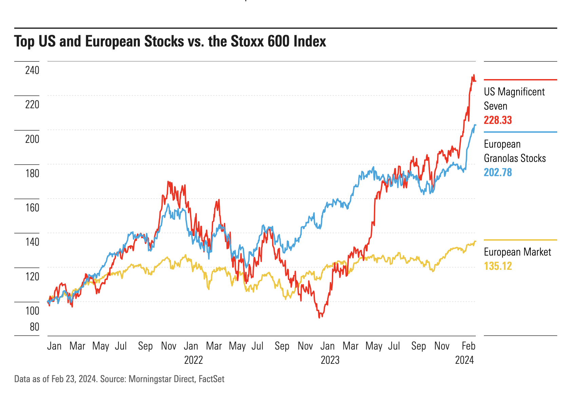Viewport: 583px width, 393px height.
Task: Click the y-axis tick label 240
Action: click(x=32, y=70)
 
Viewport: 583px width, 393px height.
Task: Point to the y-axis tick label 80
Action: click(x=35, y=327)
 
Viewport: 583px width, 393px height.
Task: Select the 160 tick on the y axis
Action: click(x=32, y=207)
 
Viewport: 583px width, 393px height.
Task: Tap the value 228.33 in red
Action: click(x=498, y=120)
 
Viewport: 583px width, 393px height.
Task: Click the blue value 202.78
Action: click(x=498, y=172)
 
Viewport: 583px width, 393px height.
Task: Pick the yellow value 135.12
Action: click(x=498, y=266)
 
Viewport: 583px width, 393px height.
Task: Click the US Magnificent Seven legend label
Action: click(x=514, y=99)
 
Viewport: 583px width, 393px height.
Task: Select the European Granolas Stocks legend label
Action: click(x=515, y=151)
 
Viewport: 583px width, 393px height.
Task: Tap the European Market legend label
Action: click(x=518, y=252)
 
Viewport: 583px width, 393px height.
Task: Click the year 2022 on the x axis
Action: click(x=193, y=360)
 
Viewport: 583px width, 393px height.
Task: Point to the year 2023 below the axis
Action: click(x=330, y=360)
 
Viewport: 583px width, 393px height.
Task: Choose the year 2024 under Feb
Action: click(x=465, y=360)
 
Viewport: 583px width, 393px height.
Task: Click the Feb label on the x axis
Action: click(x=469, y=346)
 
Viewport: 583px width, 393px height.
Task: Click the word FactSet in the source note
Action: click(x=211, y=379)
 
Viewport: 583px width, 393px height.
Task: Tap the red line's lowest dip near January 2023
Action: click(x=319, y=317)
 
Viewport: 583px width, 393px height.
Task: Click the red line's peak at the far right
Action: click(x=474, y=75)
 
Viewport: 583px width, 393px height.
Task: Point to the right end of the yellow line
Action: click(x=475, y=241)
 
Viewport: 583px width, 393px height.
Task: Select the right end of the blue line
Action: click(x=475, y=125)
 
